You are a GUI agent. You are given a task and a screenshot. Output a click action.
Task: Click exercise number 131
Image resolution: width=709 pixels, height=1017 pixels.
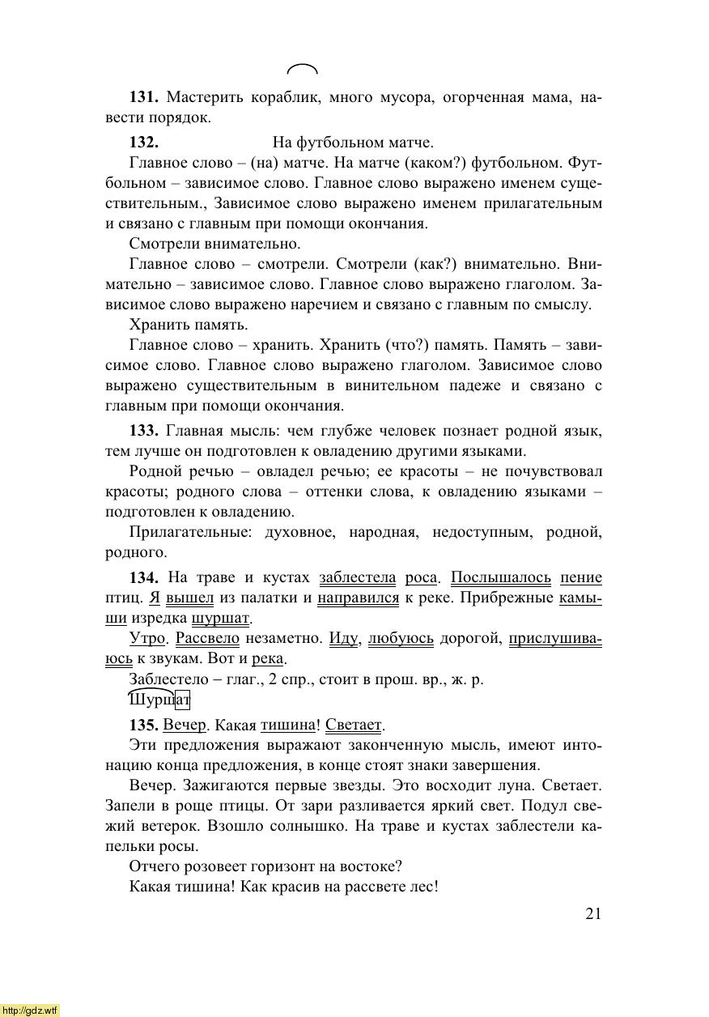(x=142, y=98)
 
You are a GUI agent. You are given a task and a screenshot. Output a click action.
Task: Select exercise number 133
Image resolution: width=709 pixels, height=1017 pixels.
(x=142, y=431)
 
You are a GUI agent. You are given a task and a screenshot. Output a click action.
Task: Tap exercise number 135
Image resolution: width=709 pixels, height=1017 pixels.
(x=142, y=725)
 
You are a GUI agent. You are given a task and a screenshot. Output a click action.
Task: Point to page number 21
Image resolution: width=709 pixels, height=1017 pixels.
(x=593, y=914)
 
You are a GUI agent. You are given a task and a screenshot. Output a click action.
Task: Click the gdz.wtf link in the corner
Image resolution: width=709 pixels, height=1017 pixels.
(x=29, y=1011)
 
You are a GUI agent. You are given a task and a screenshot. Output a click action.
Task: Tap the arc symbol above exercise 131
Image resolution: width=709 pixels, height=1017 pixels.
(x=303, y=69)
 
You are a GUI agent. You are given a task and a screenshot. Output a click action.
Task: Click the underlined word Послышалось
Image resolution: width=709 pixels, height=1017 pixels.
(x=500, y=578)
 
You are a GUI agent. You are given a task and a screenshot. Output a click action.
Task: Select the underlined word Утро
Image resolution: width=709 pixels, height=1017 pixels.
(x=147, y=639)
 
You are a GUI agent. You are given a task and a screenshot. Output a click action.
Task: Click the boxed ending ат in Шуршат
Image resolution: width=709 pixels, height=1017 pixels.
(x=181, y=699)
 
